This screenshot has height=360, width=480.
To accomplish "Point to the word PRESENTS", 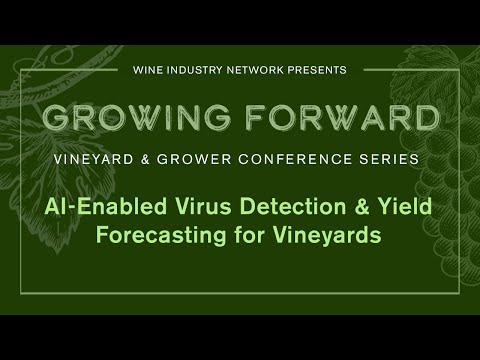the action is click(317, 70).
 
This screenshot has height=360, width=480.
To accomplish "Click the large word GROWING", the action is click(137, 117).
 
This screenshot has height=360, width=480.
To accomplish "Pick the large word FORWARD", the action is click(344, 117).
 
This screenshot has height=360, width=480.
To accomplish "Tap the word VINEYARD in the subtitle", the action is click(94, 159).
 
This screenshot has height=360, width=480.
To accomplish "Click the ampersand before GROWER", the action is click(145, 159).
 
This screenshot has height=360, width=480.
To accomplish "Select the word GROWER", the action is click(194, 159).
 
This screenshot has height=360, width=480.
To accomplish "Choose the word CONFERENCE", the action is click(295, 159).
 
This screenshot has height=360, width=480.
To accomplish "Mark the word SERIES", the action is click(389, 159).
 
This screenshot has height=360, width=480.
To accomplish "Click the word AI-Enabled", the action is click(106, 206).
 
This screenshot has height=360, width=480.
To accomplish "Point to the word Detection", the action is click(293, 206).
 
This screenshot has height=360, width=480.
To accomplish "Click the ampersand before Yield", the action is click(362, 206).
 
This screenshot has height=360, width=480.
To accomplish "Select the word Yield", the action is click(405, 206).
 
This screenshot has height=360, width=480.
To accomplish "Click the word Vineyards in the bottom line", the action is click(327, 235).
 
